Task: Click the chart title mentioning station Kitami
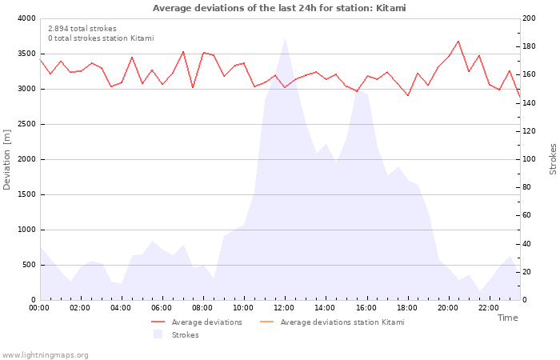(279, 8)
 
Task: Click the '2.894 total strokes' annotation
(82, 29)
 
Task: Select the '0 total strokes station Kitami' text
(101, 38)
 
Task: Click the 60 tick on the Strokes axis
(528, 215)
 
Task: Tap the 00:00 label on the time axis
(39, 308)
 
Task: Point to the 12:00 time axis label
(285, 308)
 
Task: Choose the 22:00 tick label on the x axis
(489, 308)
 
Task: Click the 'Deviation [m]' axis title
(7, 159)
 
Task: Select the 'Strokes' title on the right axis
(553, 159)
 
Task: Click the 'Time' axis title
(507, 318)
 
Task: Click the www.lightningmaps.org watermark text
(45, 354)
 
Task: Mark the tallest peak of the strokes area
(285, 38)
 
